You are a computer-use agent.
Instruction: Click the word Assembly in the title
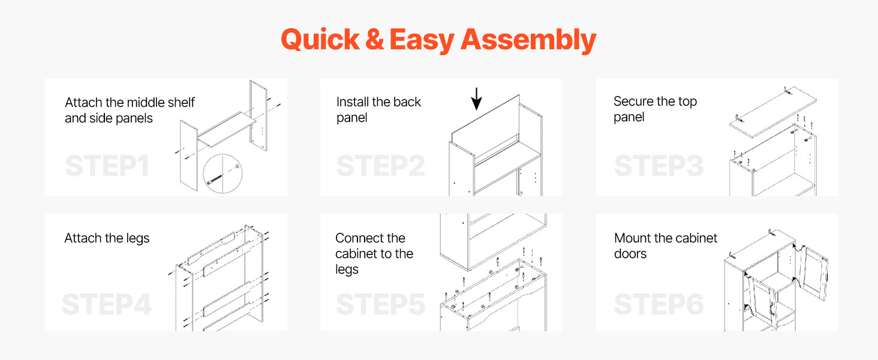(528, 40)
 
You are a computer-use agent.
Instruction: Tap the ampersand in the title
(374, 39)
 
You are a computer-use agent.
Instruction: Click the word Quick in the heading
(320, 40)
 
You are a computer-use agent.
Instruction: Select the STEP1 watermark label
(107, 166)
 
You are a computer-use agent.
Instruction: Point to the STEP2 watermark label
(381, 166)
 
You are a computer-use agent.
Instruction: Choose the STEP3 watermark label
(659, 166)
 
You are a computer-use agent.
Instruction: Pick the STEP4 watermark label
(107, 304)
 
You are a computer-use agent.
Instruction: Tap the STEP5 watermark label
(381, 304)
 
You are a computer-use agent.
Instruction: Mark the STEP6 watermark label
(659, 304)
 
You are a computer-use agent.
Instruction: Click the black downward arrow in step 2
(476, 99)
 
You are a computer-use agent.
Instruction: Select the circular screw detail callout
(222, 174)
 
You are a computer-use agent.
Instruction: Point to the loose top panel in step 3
(773, 112)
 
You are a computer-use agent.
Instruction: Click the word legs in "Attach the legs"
(137, 239)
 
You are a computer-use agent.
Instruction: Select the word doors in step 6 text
(630, 254)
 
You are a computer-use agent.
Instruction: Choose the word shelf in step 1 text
(181, 103)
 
